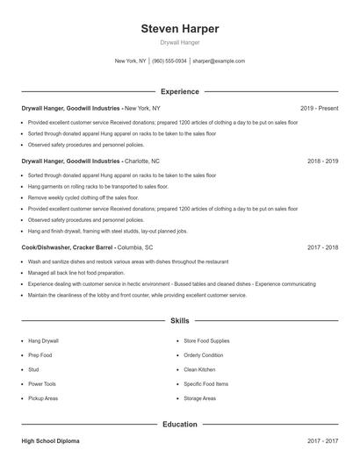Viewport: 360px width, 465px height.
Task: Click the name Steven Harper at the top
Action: tap(180, 29)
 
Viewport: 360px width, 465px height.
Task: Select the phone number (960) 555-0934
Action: tap(169, 61)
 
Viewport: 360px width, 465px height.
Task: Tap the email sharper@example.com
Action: tap(219, 61)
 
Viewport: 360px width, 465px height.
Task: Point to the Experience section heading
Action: tap(180, 91)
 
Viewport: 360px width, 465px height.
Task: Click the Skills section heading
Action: tap(180, 322)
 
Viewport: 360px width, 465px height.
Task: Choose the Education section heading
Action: tap(180, 425)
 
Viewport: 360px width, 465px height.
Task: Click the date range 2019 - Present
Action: tap(319, 108)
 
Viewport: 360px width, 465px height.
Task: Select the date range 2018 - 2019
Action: tap(323, 161)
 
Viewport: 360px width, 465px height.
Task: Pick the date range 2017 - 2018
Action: tap(323, 247)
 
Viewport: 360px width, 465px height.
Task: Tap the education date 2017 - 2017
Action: tap(323, 440)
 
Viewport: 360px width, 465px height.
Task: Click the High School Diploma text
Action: tap(51, 440)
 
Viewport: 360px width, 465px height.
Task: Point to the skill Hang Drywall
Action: tap(43, 340)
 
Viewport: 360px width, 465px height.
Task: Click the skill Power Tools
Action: tap(42, 384)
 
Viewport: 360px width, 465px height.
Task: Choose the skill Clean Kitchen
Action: tap(199, 369)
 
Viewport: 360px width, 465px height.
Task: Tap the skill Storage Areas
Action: tap(199, 399)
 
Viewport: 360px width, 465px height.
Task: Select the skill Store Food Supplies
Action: tap(206, 340)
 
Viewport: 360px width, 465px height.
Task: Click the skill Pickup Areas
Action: tap(43, 399)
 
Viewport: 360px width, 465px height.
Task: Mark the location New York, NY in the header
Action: tap(130, 61)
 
